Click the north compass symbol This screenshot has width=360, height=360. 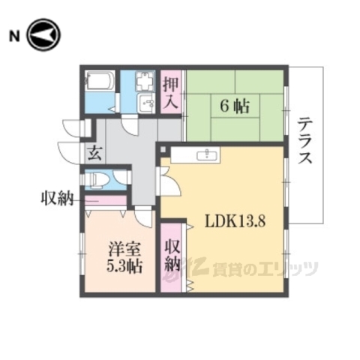pyautogui.click(x=43, y=35)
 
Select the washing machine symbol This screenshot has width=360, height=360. pyautogui.click(x=145, y=81)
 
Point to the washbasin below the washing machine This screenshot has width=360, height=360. pyautogui.click(x=145, y=103)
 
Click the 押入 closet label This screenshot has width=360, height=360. pyautogui.click(x=171, y=91)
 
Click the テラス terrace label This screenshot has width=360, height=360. pyautogui.click(x=304, y=142)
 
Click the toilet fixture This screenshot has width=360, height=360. pyautogui.click(x=96, y=181)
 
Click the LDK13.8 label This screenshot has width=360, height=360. pyautogui.click(x=234, y=223)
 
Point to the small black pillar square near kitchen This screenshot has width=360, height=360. pyautogui.click(x=162, y=149)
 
